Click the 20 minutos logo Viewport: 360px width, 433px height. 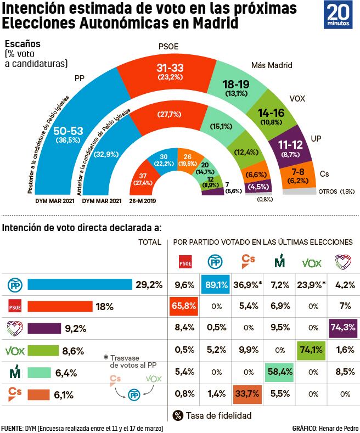340,16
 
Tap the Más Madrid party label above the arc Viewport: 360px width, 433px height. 272,66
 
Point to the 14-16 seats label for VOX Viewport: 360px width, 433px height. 272,114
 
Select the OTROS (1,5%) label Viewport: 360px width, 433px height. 336,192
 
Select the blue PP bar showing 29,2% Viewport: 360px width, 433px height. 80,285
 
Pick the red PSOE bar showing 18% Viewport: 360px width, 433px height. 60,306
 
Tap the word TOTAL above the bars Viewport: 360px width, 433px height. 149,242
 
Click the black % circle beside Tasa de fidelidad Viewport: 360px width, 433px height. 178,415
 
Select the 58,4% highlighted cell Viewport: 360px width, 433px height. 279,371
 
